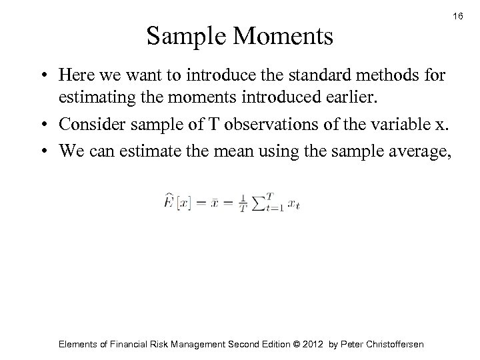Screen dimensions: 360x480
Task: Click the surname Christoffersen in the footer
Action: (389, 344)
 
